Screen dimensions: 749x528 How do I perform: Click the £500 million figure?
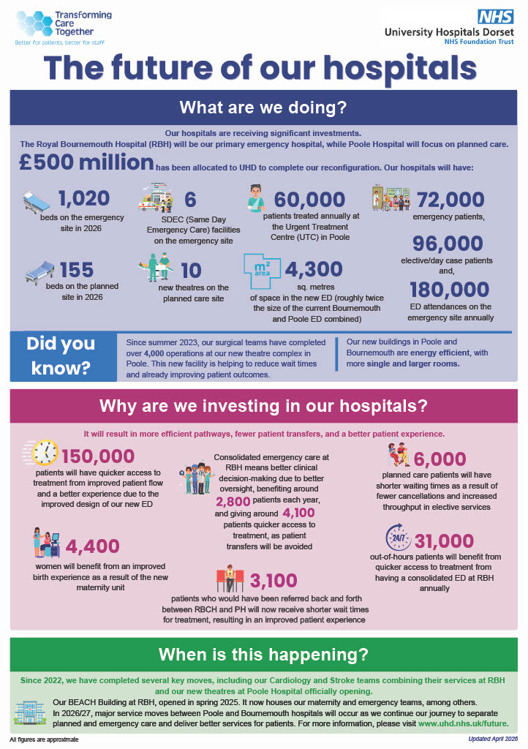83,164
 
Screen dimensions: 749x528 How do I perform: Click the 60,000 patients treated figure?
309,200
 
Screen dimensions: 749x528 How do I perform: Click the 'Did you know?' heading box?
61,356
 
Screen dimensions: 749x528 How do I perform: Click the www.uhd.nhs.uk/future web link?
463,725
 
